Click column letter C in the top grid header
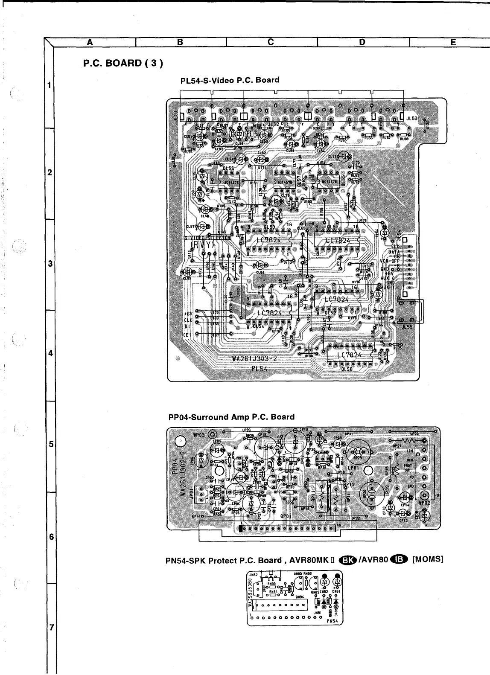tap(271, 42)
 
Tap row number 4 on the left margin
tap(50, 354)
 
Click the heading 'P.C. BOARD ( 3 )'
tap(123, 64)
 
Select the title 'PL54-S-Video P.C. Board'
tap(230, 80)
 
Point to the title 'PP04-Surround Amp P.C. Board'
tap(232, 416)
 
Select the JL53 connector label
tap(412, 118)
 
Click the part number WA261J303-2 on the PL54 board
tap(254, 358)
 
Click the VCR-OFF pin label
tap(389, 261)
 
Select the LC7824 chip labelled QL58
tap(349, 355)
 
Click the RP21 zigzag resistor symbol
tap(408, 440)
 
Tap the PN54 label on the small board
tap(332, 621)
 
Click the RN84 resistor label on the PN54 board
tap(274, 591)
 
